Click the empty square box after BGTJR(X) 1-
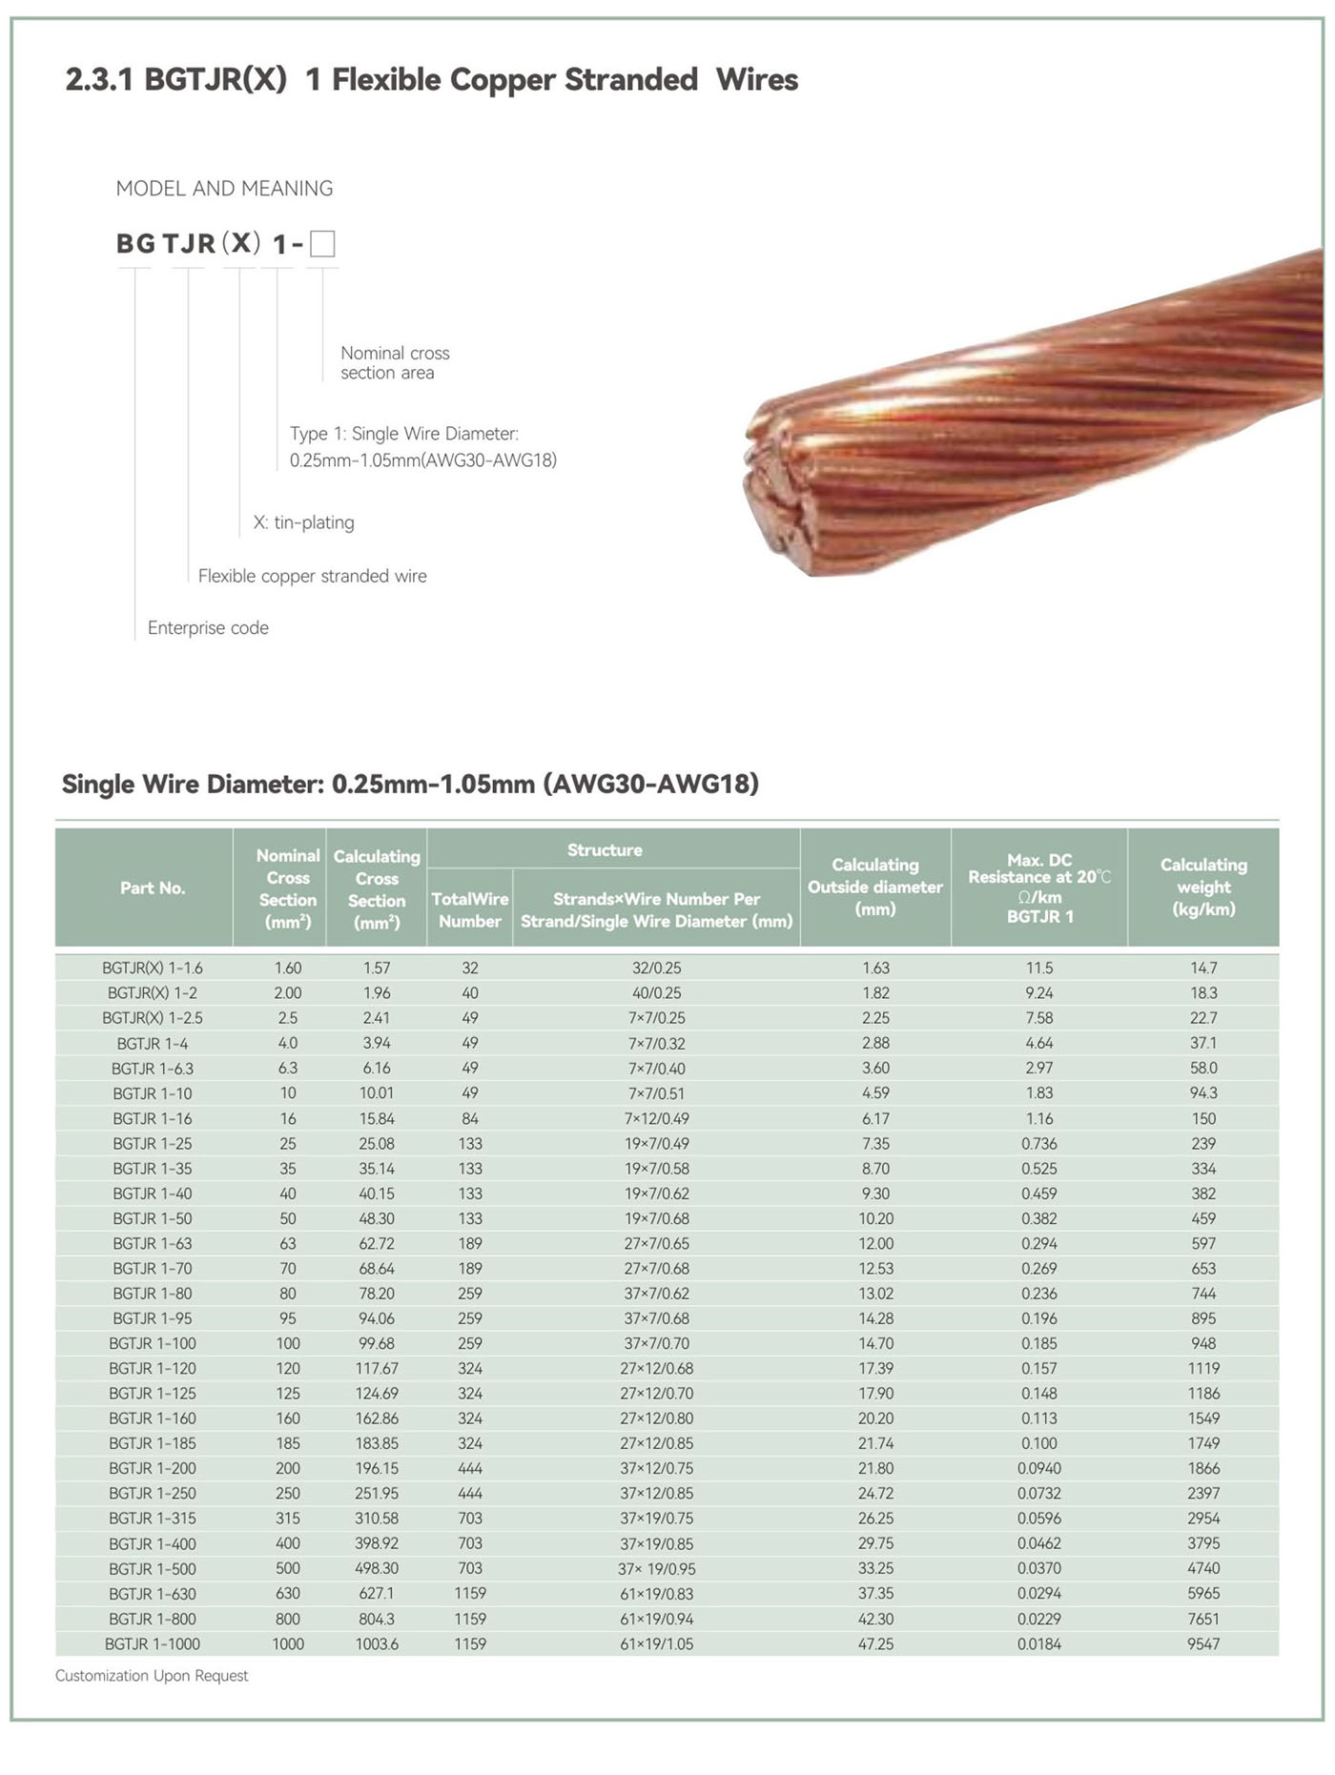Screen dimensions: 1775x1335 point(322,244)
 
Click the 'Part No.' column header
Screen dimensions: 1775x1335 point(153,887)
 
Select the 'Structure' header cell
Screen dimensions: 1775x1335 point(605,849)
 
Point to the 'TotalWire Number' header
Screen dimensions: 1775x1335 point(470,909)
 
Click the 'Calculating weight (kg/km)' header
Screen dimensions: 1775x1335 point(1203,887)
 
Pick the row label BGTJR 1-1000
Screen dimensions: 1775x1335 point(153,1643)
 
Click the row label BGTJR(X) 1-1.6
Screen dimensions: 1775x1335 point(153,968)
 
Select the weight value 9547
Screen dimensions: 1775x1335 point(1203,1643)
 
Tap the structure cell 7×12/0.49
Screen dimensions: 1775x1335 point(656,1118)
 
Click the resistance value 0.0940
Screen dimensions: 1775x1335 point(1038,1468)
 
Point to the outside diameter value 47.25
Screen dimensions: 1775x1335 point(875,1643)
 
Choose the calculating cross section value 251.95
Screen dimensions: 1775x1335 point(377,1493)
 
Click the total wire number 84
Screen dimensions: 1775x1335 point(470,1118)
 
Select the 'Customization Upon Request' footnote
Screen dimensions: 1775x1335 point(152,1675)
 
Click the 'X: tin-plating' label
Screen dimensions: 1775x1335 point(303,522)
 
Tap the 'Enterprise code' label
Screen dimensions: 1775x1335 point(208,627)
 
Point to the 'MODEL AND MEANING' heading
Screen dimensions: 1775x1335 point(224,188)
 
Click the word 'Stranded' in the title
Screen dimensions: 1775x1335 point(631,79)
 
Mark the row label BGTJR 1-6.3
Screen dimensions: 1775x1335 point(153,1068)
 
